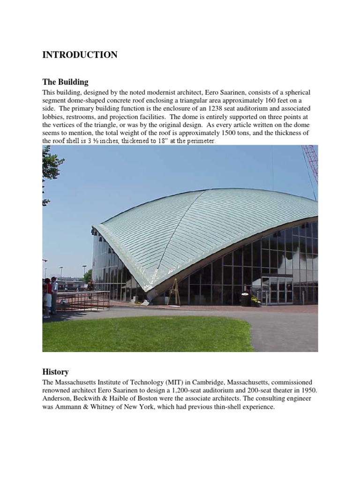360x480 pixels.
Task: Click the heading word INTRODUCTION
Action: point(80,55)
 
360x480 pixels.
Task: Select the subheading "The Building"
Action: point(65,82)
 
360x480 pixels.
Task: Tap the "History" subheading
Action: point(55,372)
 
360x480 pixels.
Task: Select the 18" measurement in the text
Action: point(154,141)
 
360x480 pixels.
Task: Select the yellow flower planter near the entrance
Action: point(255,300)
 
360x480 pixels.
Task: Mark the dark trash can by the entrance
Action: point(245,299)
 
